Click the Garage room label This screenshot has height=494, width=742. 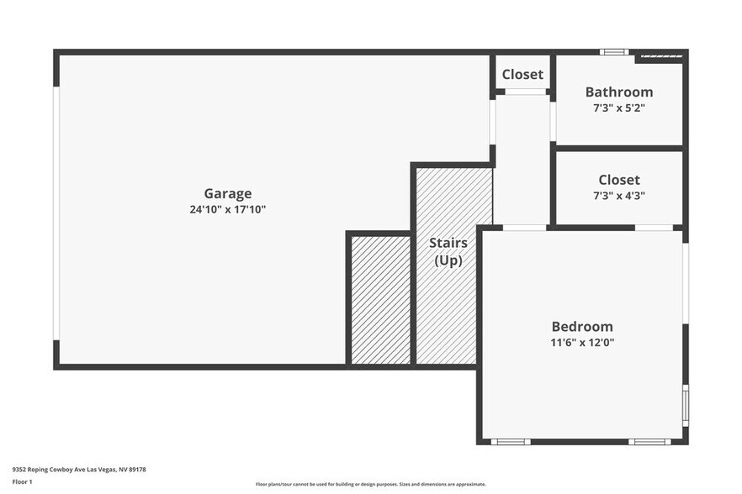(x=227, y=194)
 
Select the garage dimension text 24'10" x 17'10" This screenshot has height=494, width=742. (x=227, y=210)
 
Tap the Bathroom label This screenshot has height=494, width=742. (x=619, y=92)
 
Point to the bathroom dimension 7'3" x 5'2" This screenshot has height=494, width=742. (x=619, y=108)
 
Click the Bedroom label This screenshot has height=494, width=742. (x=582, y=327)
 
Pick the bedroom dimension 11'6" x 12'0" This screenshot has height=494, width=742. (x=582, y=343)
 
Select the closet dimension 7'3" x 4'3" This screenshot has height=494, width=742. (x=619, y=196)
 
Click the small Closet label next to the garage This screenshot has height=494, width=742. (x=522, y=75)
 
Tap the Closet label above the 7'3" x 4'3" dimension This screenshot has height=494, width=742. (x=619, y=180)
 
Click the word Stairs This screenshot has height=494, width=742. (x=448, y=243)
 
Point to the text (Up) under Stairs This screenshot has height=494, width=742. (x=448, y=260)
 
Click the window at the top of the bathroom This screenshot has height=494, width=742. (x=614, y=52)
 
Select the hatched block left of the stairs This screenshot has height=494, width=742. (x=380, y=300)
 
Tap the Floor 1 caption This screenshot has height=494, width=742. (x=24, y=482)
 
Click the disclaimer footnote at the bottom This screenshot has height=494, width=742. (x=371, y=484)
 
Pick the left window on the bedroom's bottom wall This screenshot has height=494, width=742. (x=510, y=442)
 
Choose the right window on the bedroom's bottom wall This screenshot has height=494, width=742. (x=649, y=442)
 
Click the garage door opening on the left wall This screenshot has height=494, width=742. (x=56, y=212)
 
